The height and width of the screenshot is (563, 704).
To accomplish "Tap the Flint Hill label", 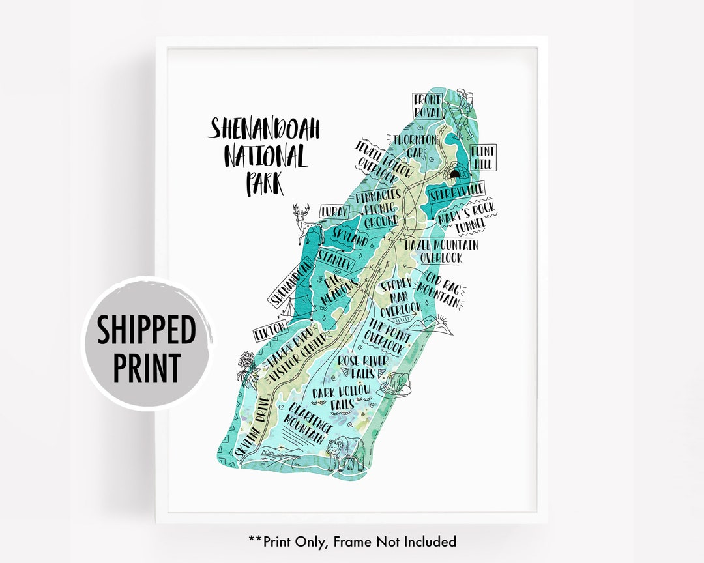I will click(x=483, y=158).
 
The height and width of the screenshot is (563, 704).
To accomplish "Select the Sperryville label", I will click(x=457, y=192).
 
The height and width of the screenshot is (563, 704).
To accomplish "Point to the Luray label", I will click(x=334, y=211).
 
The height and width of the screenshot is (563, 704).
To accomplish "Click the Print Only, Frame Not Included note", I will click(x=352, y=541).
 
